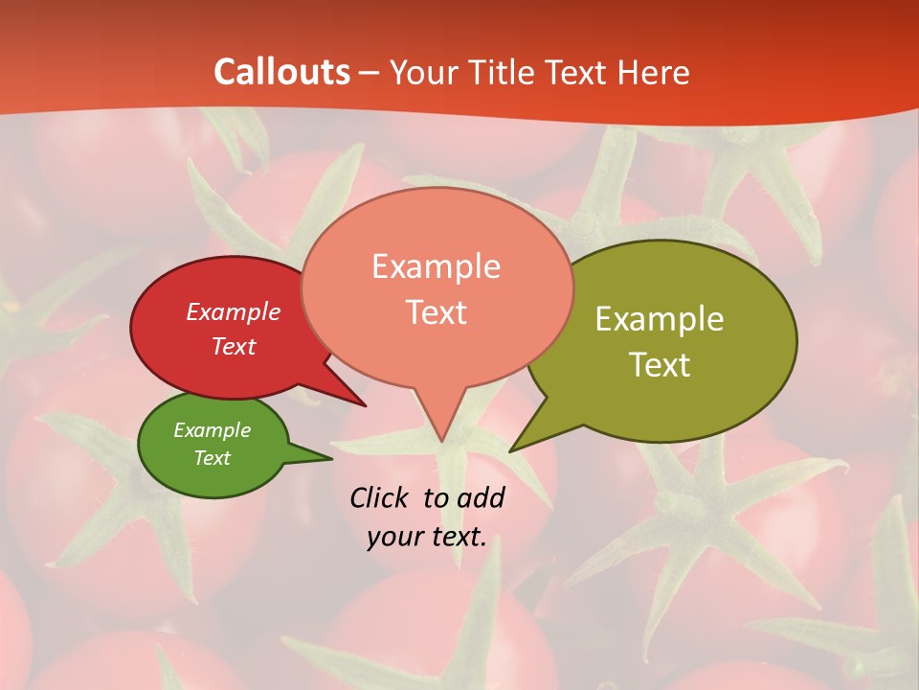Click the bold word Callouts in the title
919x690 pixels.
click(281, 72)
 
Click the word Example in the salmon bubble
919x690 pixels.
click(436, 266)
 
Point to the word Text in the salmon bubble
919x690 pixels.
click(436, 312)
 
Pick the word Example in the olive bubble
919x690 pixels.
click(660, 319)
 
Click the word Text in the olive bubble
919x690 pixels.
click(660, 365)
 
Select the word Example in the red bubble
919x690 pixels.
click(233, 312)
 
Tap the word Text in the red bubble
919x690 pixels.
click(233, 346)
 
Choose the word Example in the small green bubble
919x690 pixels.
click(212, 430)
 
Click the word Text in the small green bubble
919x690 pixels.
click(212, 458)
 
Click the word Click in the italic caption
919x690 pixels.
click(380, 497)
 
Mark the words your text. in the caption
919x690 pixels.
click(427, 538)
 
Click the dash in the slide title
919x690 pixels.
click(370, 74)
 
